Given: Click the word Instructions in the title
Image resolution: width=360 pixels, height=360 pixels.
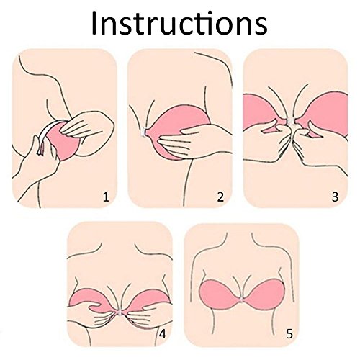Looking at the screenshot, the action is point(179,23).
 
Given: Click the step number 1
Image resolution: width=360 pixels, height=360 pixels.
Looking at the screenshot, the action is point(106,197).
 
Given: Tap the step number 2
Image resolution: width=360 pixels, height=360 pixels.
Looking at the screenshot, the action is point(220,197).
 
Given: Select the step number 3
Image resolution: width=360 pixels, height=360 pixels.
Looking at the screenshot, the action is point(335,197).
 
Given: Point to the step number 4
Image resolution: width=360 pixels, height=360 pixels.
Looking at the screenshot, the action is point(163,334).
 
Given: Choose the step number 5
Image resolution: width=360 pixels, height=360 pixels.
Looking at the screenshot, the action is point(289,334).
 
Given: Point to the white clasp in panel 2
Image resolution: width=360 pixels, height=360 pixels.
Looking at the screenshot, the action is point(144,132).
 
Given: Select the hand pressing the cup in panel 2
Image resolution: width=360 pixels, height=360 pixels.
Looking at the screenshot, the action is point(192,142).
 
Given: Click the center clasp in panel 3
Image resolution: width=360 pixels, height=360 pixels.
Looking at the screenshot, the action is point(291,122).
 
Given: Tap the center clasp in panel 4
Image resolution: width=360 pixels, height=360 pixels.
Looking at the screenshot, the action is point(120,312).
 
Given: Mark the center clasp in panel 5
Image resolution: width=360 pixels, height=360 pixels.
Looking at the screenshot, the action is point(243,300).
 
